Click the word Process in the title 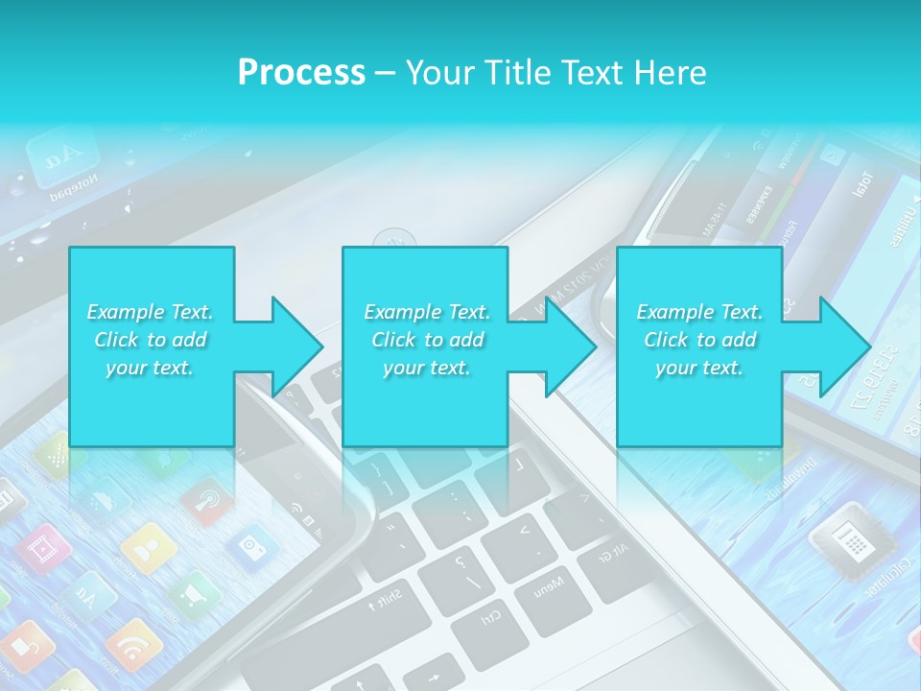301,72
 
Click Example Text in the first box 151,312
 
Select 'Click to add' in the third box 700,340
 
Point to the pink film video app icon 44,549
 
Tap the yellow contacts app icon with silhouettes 150,547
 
